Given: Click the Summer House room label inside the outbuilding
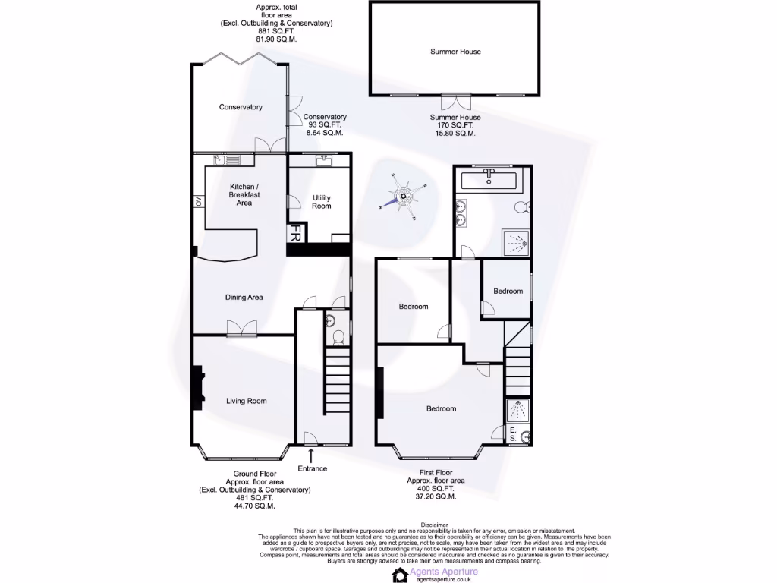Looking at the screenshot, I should tap(455, 52).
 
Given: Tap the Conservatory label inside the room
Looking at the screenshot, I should tap(241, 107).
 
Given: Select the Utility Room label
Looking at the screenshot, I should tap(321, 202).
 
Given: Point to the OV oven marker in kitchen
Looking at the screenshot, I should tap(198, 201).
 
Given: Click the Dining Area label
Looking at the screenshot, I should tap(244, 297).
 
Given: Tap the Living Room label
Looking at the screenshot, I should tap(247, 401).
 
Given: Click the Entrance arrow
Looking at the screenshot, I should tap(312, 455).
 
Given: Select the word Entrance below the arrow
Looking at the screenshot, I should tap(312, 468).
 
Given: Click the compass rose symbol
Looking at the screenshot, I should tap(404, 197).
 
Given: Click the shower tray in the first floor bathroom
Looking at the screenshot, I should tap(516, 245).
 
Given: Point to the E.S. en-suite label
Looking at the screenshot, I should tap(514, 434).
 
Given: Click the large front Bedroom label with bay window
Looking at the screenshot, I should tap(441, 408).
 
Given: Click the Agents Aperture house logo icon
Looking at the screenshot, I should tap(400, 575).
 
